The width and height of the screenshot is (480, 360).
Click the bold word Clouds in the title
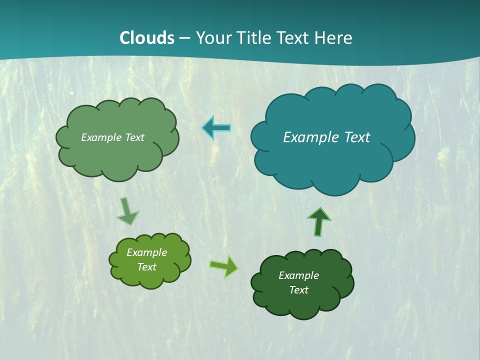(147, 38)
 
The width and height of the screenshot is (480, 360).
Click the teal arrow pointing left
(216, 128)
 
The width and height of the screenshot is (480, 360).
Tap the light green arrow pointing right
(224, 265)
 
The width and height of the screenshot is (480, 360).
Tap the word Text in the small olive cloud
(147, 267)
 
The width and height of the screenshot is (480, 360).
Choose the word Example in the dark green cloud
(298, 275)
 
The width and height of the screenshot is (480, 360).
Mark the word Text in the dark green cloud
(298, 290)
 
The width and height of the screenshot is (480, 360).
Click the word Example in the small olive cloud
(147, 252)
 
